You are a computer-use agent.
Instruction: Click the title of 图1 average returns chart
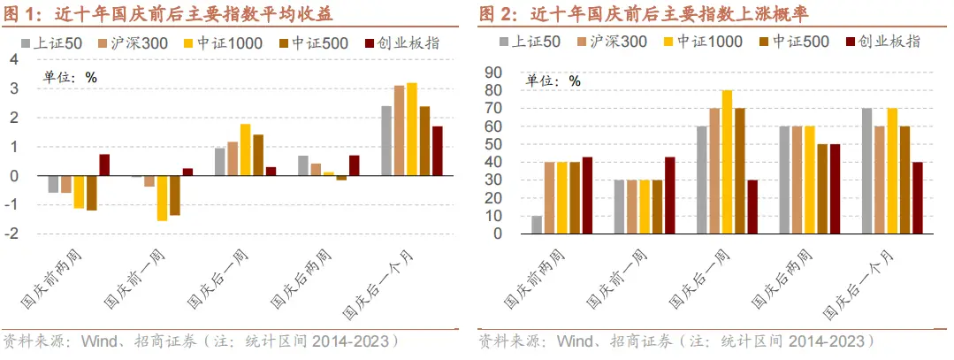pos(168,13)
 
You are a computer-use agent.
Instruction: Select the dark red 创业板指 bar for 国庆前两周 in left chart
pos(103,165)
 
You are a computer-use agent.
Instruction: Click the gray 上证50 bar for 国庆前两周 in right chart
pos(537,225)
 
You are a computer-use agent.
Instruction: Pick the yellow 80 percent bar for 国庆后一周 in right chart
pos(727,162)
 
